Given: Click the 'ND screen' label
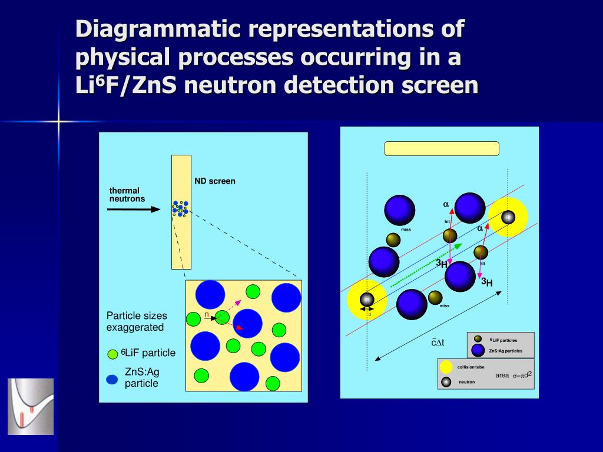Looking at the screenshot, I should point(215,181).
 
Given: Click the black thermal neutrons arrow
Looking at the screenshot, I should point(135,209).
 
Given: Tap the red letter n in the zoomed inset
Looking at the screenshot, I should point(207,315).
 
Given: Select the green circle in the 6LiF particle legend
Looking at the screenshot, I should point(112,354).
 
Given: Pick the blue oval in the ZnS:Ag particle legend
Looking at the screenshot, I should point(112,380).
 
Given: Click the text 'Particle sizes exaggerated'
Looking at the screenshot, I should point(137,321).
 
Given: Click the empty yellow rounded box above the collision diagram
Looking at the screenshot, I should point(442,148).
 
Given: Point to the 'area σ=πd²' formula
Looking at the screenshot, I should point(513,374).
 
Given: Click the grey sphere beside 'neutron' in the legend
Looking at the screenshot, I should point(446,382).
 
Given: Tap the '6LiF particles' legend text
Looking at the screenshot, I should point(503,340).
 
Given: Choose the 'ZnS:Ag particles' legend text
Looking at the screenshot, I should point(505,351).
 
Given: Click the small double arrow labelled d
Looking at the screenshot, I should point(367,308).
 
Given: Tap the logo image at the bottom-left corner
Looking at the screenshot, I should point(31,406).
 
